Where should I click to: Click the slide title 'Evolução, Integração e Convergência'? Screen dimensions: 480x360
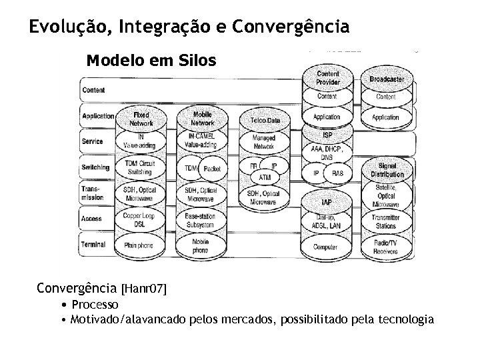point(189,27)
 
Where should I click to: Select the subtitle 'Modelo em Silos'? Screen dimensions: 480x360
point(151,61)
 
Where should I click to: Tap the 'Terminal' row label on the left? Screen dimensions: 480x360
point(94,245)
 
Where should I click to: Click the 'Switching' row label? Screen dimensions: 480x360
point(96,167)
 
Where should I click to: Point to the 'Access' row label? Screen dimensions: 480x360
point(92,218)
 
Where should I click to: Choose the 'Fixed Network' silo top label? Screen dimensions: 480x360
point(141,119)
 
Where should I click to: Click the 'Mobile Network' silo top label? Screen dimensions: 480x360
point(202,119)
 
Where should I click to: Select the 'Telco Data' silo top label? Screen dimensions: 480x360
point(265,120)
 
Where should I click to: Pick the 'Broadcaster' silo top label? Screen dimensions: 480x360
point(387,79)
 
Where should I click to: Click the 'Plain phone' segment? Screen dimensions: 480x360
point(139,245)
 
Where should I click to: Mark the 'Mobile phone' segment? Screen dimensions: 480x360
point(200,245)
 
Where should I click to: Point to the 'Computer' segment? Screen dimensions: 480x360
point(325,247)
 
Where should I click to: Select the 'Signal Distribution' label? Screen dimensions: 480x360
point(387,170)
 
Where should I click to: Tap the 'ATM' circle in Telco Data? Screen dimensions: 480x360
point(265,177)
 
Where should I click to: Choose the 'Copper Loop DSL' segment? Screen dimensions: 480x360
point(139,220)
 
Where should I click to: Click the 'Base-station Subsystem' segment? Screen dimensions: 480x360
point(201,220)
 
